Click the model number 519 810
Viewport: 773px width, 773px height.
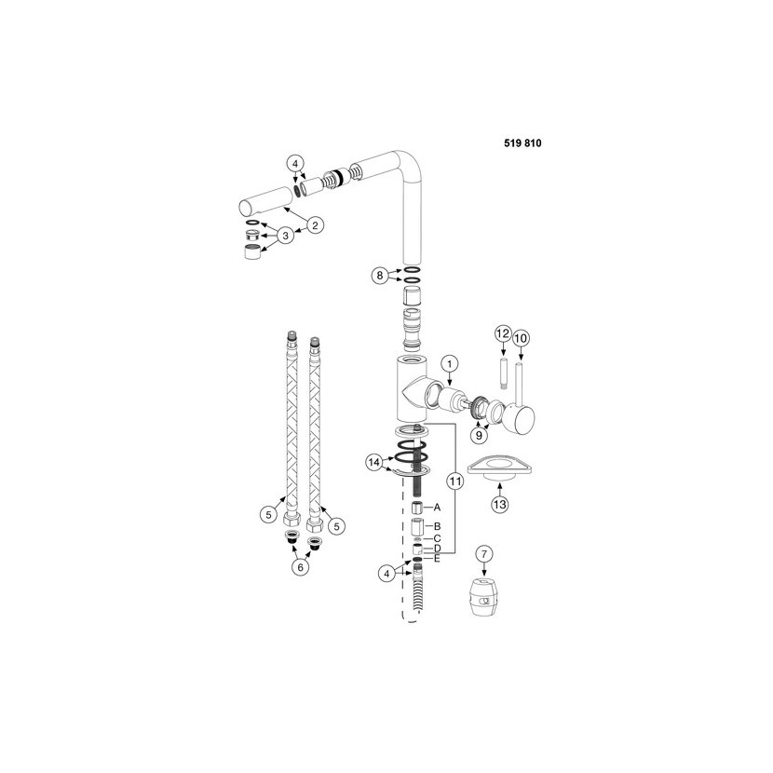tap(522, 143)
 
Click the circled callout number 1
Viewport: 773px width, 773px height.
tap(450, 364)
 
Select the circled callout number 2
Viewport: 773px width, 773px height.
tap(315, 225)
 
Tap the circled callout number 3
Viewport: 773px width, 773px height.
tap(285, 235)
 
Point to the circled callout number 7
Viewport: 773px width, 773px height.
tap(484, 554)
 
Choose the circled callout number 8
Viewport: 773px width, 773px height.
tap(380, 275)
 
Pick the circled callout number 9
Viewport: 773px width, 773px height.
tap(479, 435)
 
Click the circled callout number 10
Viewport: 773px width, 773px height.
tap(521, 338)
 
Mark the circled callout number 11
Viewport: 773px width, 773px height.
tap(455, 481)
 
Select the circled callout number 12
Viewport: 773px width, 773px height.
tap(502, 333)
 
